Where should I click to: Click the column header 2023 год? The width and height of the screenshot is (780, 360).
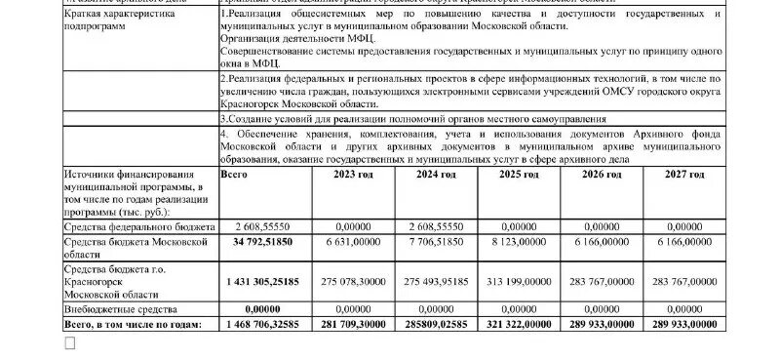coord(353,175)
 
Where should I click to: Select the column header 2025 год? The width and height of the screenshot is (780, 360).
coord(519,175)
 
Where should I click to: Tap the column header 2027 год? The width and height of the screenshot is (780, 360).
coord(683,175)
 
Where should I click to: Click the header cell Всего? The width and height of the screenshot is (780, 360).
coord(235,175)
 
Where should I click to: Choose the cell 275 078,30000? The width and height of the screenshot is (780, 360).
coord(354,281)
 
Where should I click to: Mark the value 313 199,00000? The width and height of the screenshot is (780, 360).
coord(519,281)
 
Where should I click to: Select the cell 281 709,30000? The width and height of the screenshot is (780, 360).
coord(354,323)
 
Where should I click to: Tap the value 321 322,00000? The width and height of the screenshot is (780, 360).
coord(519,323)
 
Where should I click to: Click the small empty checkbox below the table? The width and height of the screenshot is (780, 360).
coord(69,343)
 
